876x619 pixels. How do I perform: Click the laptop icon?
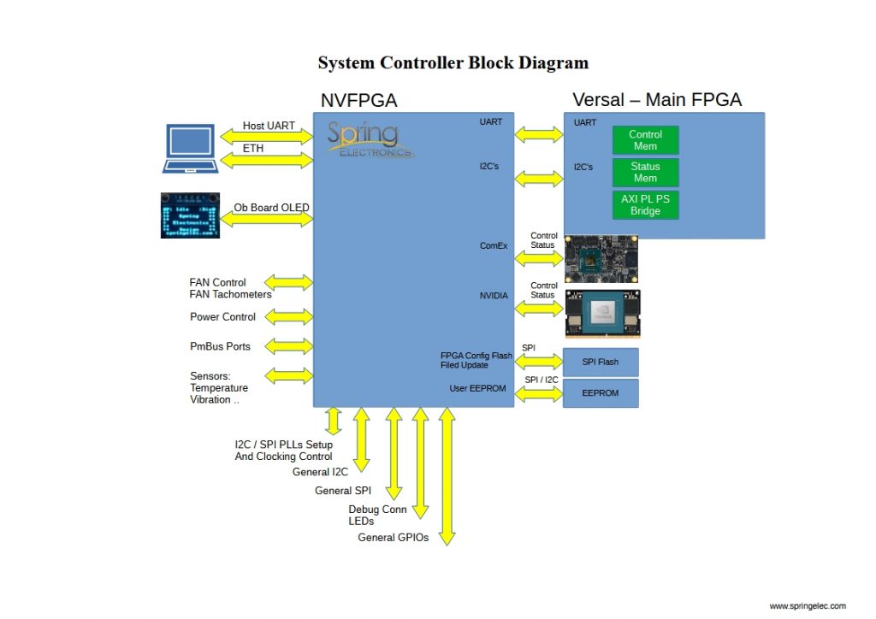191,149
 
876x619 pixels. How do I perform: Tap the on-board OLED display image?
190,215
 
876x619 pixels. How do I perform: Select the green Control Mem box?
645,140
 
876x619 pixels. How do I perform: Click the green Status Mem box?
645,173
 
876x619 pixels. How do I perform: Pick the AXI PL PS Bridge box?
645,205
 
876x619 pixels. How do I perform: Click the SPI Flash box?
601,362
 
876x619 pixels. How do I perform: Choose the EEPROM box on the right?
601,393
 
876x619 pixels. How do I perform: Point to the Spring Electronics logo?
369,139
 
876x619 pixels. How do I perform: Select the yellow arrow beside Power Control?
289,317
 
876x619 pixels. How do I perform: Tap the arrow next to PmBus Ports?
289,346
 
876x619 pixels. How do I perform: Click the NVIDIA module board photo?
603,314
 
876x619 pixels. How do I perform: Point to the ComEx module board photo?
602,259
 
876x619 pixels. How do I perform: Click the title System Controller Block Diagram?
453,63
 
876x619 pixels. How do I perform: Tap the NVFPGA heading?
358,101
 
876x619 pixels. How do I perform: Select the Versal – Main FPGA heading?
657,100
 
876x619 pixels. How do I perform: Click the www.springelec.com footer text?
807,606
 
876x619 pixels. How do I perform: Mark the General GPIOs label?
393,538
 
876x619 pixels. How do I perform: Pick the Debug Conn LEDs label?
377,515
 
